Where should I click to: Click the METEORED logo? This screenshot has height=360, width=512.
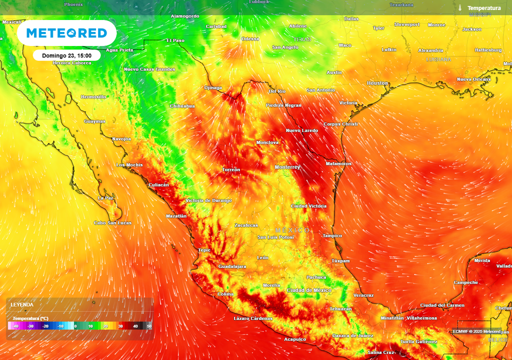66,33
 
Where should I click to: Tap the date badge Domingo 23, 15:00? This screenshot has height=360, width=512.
66,55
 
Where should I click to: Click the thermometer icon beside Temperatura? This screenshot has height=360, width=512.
459,8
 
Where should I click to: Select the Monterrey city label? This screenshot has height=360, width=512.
287,167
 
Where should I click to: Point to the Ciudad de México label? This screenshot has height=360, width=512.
309,290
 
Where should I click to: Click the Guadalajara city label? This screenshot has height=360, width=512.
232,266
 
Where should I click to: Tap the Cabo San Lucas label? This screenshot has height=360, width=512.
112,223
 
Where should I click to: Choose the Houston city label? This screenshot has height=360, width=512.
377,83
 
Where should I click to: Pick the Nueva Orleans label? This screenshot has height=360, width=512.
473,79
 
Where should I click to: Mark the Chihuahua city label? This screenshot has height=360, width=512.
182,106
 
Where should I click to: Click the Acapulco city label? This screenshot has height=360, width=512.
295,339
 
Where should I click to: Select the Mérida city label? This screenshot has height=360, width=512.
482,260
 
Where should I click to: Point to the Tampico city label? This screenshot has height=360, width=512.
332,235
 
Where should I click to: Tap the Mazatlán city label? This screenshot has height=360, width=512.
176,216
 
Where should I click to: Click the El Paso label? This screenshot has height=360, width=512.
175,40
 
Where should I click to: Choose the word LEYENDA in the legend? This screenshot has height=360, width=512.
22,304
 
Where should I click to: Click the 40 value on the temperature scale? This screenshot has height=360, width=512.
135,326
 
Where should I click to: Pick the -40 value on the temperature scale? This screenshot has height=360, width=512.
16,326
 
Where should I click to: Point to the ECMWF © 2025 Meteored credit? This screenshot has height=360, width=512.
476,331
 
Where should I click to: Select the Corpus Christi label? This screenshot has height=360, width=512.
340,124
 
